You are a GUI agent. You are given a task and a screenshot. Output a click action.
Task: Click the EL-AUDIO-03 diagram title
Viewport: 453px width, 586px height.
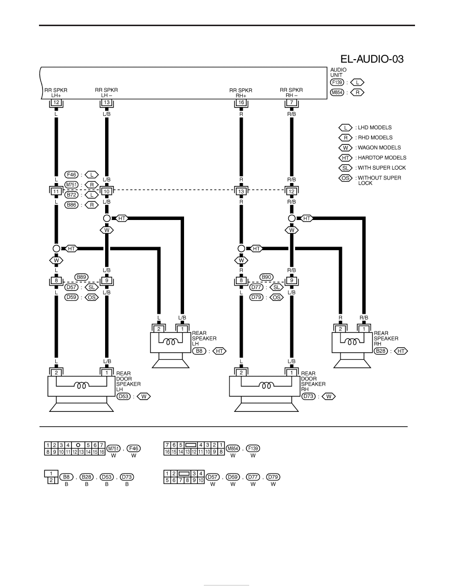tap(372, 59)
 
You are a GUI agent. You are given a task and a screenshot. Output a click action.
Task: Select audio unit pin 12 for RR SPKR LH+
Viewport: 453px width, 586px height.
tap(56, 103)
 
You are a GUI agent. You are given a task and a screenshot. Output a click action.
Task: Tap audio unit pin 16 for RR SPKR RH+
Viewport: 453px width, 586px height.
tap(241, 103)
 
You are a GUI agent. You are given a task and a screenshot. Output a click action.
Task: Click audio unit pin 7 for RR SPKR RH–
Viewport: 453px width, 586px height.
tap(292, 103)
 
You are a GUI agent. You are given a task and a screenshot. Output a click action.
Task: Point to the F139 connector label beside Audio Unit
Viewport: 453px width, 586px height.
tap(337, 82)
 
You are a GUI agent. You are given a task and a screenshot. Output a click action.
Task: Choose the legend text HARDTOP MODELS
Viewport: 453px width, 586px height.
tap(382, 158)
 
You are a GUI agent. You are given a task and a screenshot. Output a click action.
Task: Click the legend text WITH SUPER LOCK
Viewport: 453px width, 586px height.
tap(381, 168)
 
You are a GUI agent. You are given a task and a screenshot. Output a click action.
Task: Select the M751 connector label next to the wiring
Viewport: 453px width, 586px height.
tap(72, 184)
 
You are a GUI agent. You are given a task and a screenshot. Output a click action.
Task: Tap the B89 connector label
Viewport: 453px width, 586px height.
tap(81, 277)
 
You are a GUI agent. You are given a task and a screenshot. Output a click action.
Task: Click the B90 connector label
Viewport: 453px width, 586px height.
tap(266, 277)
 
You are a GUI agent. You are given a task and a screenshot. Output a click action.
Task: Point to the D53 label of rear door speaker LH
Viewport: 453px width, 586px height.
tap(123, 396)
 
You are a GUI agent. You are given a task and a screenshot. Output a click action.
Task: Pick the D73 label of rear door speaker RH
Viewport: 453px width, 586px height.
tap(308, 396)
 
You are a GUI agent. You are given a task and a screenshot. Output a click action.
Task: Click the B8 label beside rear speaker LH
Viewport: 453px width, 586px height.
tap(199, 351)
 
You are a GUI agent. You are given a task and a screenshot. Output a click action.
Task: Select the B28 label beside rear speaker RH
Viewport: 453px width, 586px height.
tap(381, 351)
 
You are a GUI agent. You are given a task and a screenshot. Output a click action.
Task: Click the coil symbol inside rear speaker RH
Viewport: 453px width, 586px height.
tap(352, 341)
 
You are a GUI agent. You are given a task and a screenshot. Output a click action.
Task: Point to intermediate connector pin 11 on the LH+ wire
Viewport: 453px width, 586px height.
tap(56, 191)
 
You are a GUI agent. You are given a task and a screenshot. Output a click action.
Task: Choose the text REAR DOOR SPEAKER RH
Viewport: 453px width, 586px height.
tap(313, 381)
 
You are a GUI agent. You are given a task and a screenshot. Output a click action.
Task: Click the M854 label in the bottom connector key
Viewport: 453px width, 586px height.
tap(233, 448)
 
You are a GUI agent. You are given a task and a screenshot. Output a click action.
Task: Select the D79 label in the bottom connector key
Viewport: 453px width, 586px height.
tap(273, 477)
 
